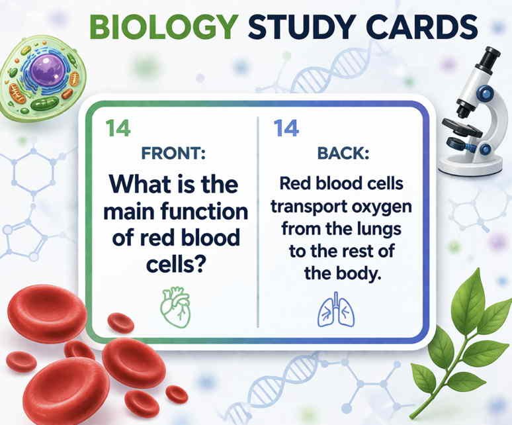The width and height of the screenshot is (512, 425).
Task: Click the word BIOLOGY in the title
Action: coord(164,26)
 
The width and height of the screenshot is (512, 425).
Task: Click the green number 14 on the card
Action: coord(118,128)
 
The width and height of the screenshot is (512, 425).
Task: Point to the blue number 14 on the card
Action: coord(286,128)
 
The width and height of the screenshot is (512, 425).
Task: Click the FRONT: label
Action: coord(173,153)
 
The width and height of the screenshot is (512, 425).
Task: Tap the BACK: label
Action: coord(343,153)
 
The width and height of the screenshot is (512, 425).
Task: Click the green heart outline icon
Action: coord(175,307)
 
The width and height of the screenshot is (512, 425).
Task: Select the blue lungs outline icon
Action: coord(336,310)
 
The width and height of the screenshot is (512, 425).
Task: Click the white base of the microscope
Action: coord(470,164)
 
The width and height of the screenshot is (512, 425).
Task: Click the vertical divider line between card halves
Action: coord(258,222)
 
